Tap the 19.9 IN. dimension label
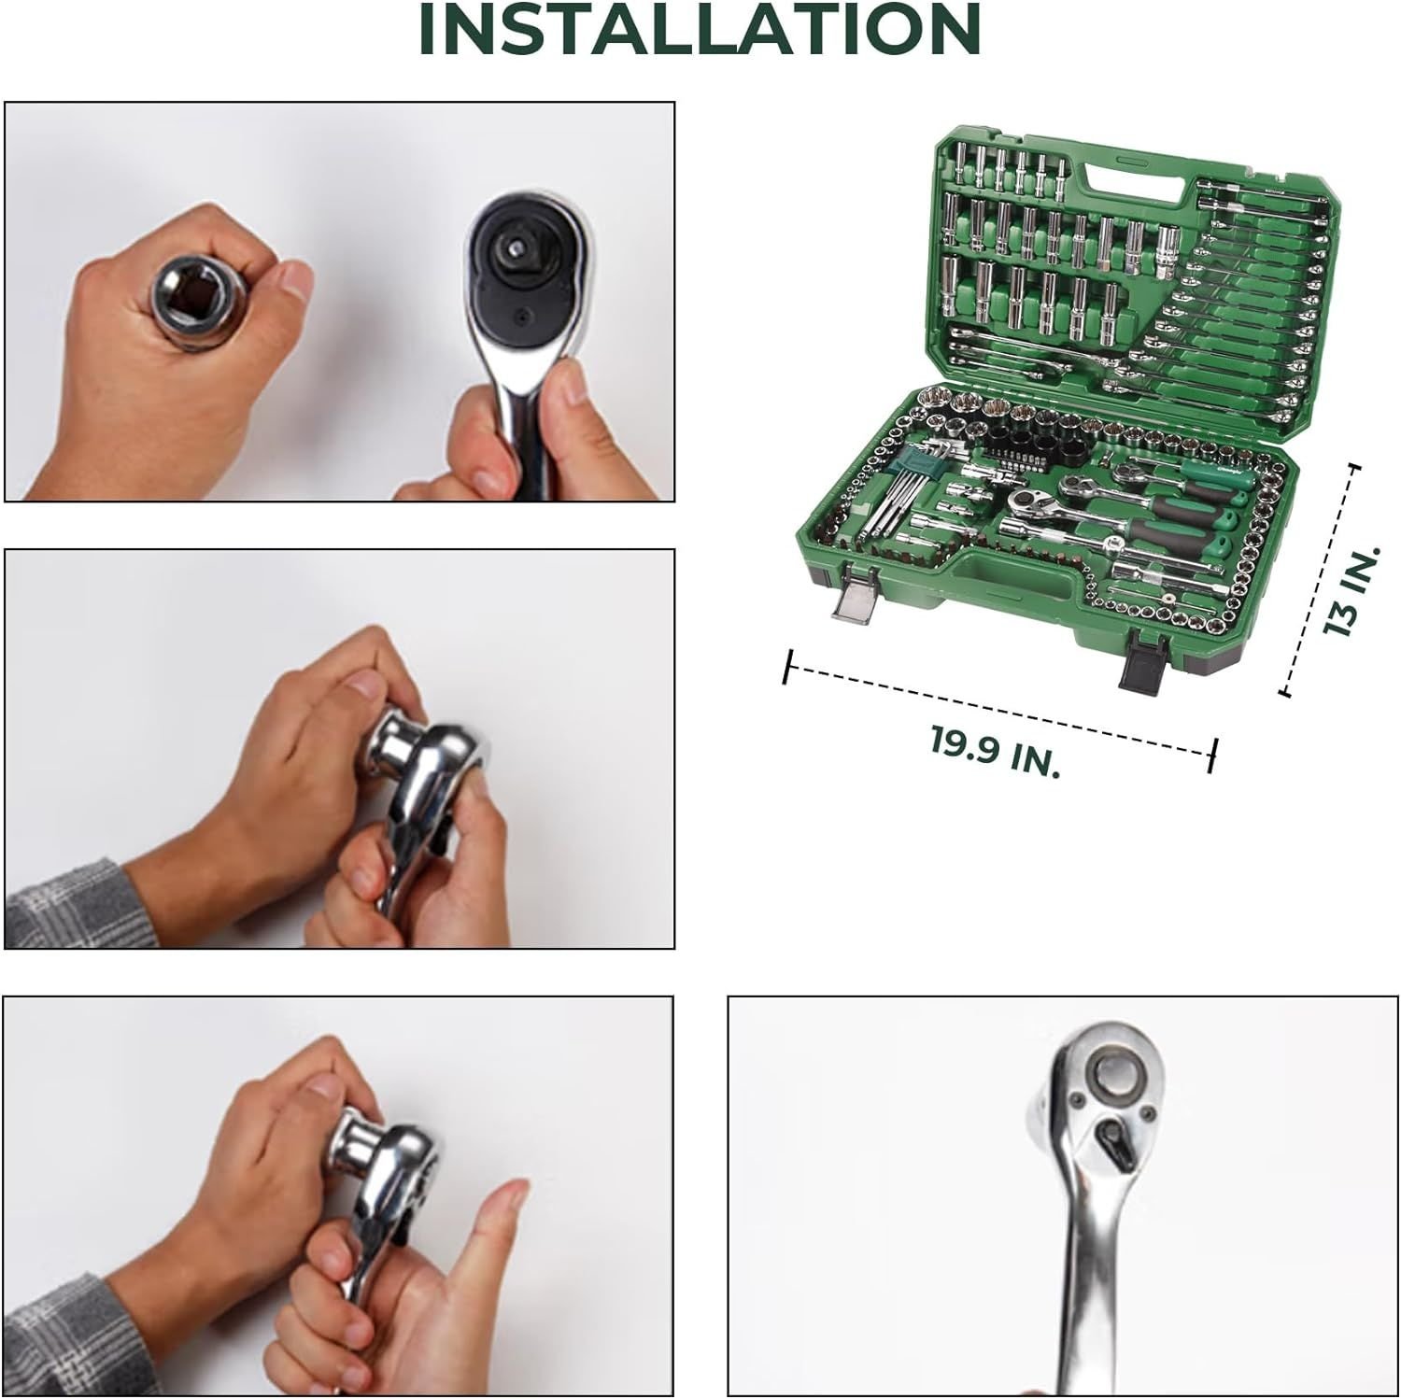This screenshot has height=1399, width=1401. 996,753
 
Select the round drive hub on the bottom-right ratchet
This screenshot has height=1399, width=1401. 1112,1073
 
